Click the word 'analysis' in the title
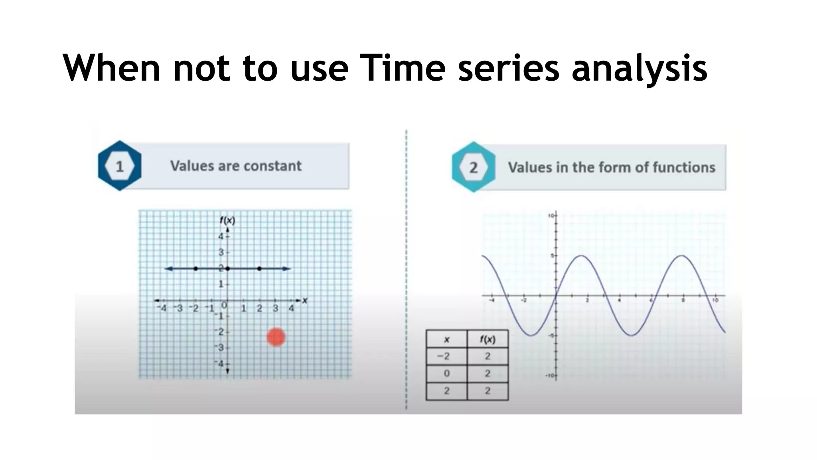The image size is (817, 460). (639, 69)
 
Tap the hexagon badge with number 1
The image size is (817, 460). (120, 166)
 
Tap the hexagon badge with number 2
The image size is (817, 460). (474, 167)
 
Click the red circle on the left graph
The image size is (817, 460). (276, 337)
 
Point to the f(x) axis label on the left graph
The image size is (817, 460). (227, 220)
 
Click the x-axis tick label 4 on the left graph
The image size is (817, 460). (291, 308)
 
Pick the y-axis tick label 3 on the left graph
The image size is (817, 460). (221, 252)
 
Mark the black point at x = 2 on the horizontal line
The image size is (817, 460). (259, 269)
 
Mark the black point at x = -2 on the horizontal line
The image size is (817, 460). (195, 269)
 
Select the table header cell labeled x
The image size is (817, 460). (446, 339)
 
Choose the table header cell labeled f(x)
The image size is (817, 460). (487, 339)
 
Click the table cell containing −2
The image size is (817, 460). (446, 356)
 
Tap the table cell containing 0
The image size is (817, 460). (446, 373)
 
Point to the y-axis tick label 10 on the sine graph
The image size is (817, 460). (551, 216)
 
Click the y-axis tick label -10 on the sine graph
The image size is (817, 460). (550, 376)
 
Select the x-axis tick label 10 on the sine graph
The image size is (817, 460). (716, 300)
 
